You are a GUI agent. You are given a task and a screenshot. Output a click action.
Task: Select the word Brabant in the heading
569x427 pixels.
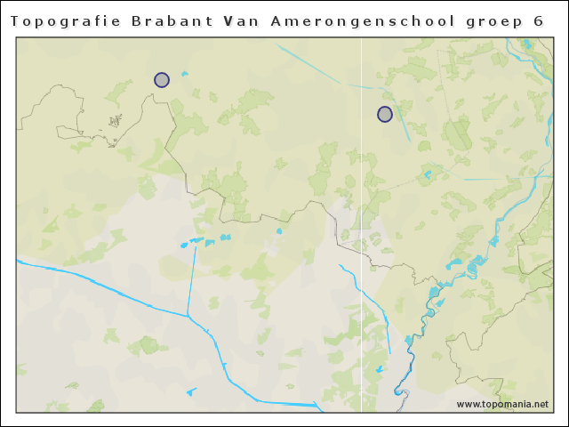click(x=155, y=20)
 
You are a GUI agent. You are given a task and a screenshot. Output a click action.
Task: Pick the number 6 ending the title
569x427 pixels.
click(x=538, y=20)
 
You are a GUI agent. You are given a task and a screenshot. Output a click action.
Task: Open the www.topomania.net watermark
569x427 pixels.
click(x=502, y=404)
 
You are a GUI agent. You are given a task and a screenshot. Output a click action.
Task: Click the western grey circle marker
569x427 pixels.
click(x=162, y=80)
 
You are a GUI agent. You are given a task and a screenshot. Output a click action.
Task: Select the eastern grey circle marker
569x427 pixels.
click(x=385, y=114)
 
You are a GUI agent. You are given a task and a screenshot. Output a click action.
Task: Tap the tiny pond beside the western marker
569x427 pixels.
click(x=184, y=74)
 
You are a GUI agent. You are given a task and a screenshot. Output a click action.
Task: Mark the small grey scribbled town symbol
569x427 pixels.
click(x=115, y=120)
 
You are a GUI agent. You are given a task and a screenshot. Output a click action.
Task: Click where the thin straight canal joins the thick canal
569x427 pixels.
click(x=188, y=316)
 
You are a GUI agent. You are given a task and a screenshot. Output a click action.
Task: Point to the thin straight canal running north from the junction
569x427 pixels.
click(x=191, y=276)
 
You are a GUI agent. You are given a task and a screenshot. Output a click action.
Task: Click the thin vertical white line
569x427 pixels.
click(x=361, y=178)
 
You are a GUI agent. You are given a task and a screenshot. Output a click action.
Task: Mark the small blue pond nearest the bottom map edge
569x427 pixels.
click(x=191, y=391)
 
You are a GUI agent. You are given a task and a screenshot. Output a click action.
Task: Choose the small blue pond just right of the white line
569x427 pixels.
click(x=381, y=368)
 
